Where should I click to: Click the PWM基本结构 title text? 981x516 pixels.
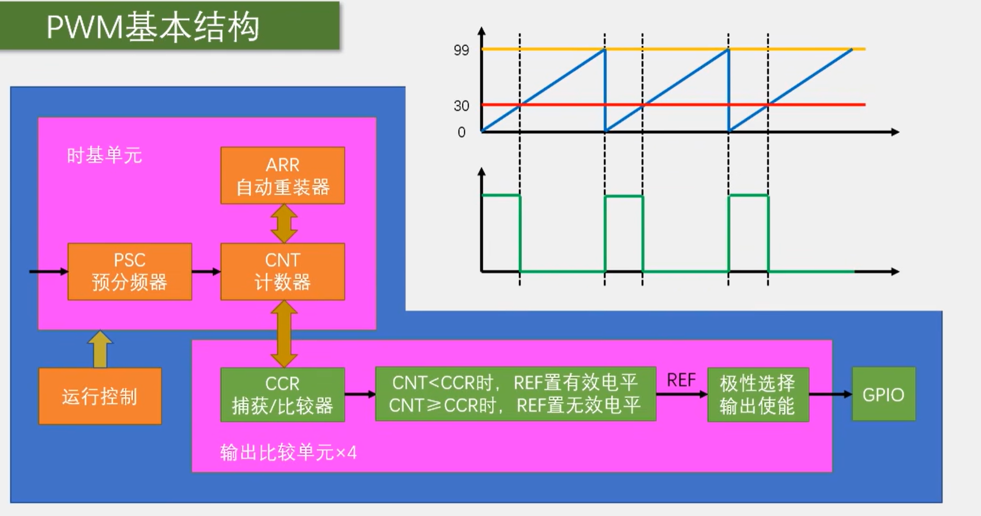153,26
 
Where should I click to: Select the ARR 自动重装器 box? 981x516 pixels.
283,175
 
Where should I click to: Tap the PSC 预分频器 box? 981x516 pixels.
129,271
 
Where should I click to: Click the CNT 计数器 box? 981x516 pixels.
283,271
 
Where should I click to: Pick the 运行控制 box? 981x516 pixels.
100,396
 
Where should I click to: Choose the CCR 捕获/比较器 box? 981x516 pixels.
283,394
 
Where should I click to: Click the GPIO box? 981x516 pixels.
883,394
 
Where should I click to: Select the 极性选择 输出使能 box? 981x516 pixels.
758,394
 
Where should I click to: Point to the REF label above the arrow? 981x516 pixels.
681,380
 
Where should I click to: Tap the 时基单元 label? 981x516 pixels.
104,156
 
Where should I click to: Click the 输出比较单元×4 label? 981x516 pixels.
288,453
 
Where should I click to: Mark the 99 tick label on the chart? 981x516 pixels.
461,50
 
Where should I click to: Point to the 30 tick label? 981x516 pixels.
461,106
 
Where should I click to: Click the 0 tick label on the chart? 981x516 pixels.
461,133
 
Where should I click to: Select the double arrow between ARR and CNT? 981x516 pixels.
284,224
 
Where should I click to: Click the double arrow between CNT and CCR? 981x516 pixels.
284,333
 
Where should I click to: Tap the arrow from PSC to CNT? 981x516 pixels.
206,271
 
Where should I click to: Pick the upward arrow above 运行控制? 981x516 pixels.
100,349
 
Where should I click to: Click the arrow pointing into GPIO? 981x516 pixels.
830,394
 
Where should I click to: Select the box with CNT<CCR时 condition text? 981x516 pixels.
515,394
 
